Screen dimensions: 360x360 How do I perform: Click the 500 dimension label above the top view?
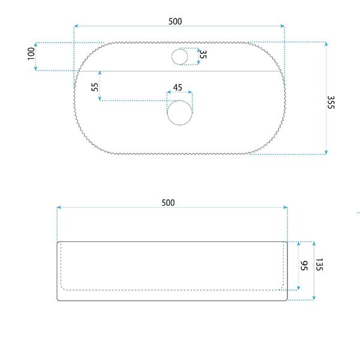(x=175, y=22)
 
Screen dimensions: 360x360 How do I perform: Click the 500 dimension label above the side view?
(x=168, y=203)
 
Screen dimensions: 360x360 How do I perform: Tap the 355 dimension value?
(x=331, y=102)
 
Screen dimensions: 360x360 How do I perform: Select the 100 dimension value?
(x=31, y=54)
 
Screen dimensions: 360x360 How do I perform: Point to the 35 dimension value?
(x=203, y=54)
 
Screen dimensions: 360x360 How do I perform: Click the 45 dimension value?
(x=178, y=88)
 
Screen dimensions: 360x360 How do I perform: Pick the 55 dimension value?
(x=95, y=87)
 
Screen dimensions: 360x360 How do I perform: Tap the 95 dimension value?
(x=304, y=266)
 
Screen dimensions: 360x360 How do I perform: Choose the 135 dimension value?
(x=319, y=265)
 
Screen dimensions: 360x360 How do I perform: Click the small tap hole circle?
(x=180, y=57)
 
